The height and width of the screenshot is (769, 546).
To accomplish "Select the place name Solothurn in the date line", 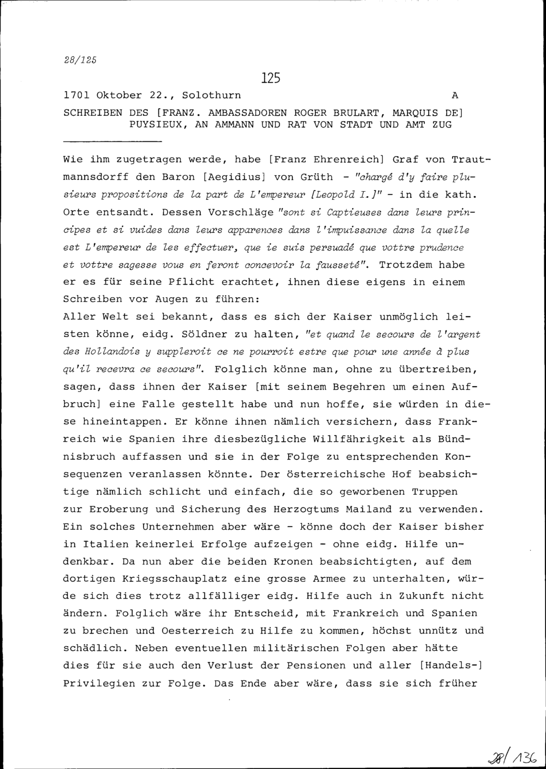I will [211, 96].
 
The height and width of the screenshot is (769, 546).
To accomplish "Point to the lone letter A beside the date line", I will [454, 96].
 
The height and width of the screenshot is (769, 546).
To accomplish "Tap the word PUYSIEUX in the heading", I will [153, 124].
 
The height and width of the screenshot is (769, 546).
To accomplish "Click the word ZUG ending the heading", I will [443, 124].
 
